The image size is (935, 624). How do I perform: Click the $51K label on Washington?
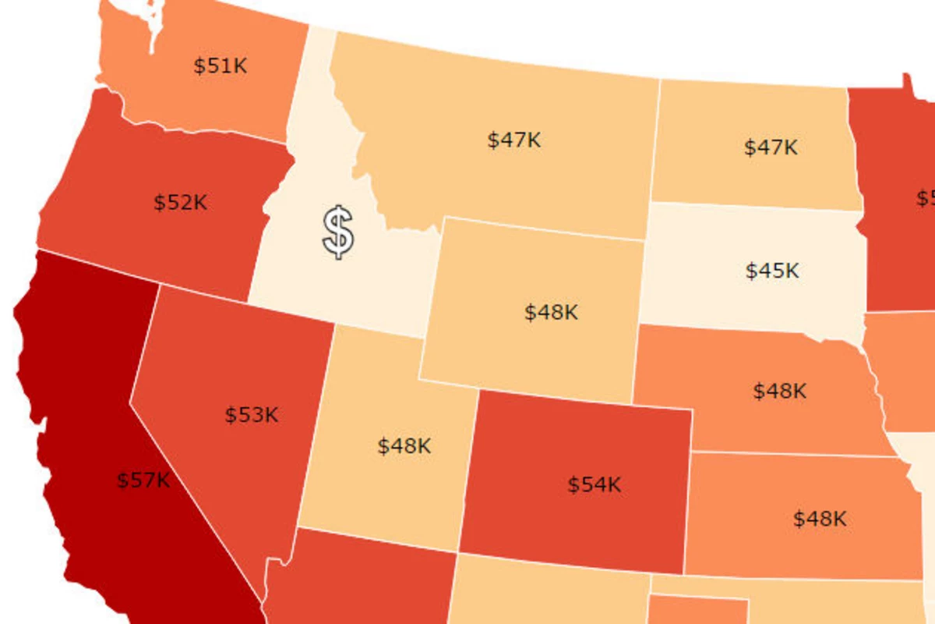tap(221, 66)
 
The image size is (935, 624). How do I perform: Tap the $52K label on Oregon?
tap(180, 203)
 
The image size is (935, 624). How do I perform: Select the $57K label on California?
tap(143, 480)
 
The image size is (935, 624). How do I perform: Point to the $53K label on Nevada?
tap(252, 414)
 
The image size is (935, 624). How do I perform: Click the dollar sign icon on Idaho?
tap(338, 232)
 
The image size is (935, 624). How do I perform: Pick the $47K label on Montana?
tap(514, 140)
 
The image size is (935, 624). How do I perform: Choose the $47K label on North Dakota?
tap(771, 147)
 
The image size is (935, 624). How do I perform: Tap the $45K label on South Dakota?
tap(772, 271)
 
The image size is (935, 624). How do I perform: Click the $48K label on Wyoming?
tap(552, 313)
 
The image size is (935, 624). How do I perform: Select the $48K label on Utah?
tap(404, 446)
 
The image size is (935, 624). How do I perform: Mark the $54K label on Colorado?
tap(595, 484)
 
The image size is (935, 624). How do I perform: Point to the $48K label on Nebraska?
tap(780, 391)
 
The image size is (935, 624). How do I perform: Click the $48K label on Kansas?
tap(820, 519)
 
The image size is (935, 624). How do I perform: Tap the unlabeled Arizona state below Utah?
tap(358, 581)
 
